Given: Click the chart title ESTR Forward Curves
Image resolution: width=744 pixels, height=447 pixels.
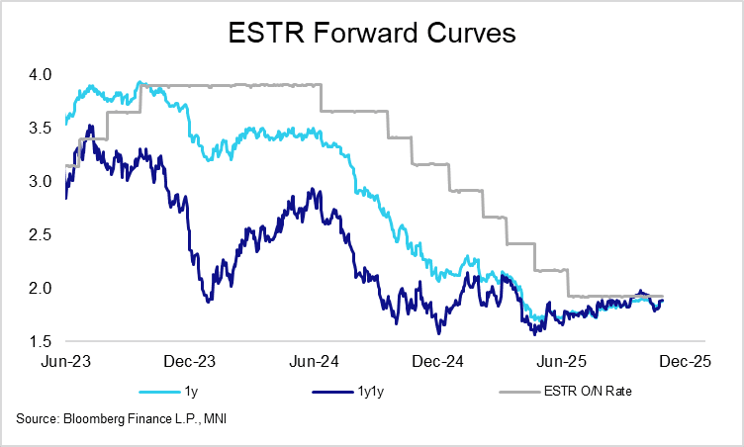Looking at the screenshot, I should coord(371,34).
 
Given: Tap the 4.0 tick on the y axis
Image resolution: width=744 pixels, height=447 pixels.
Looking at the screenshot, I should coord(41,74).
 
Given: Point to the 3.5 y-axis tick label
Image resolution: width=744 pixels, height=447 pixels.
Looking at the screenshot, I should coord(41,128).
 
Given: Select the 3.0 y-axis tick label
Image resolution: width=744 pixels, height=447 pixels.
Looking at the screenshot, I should coord(41,181).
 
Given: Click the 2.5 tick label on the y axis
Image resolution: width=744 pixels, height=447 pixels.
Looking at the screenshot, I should coord(41,234).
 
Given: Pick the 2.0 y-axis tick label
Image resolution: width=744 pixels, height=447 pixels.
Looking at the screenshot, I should coord(41,288).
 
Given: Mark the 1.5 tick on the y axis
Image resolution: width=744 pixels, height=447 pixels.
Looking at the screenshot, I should coord(41,341).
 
